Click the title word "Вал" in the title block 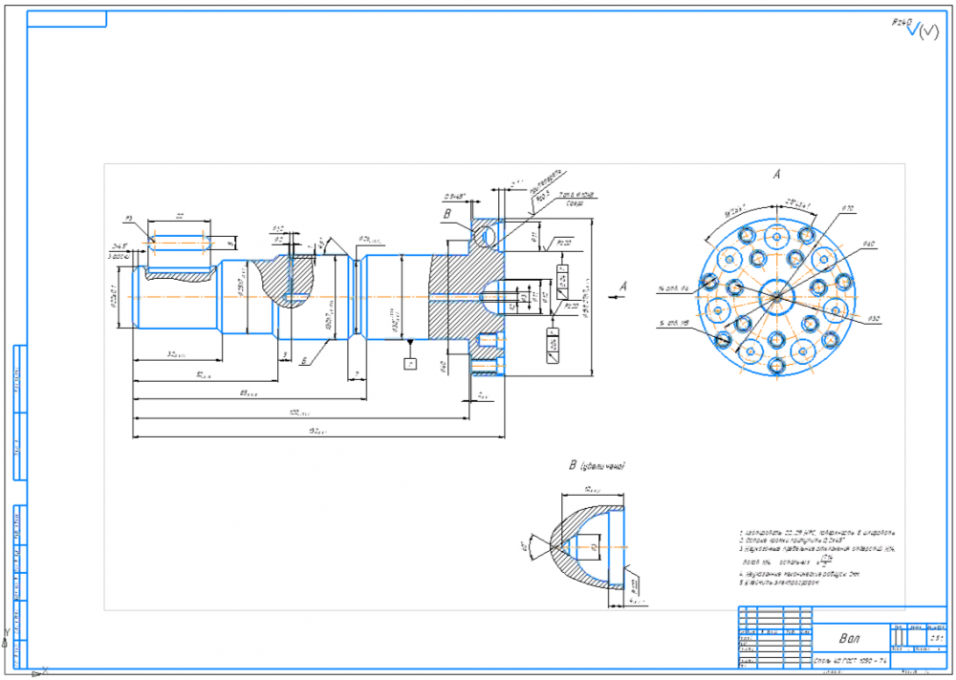[849, 638]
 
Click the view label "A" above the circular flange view [777, 175]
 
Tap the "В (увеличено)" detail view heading [597, 466]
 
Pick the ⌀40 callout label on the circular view [869, 244]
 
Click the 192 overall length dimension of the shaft [317, 433]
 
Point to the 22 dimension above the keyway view [179, 217]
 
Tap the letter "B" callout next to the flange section [445, 216]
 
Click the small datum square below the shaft [410, 364]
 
